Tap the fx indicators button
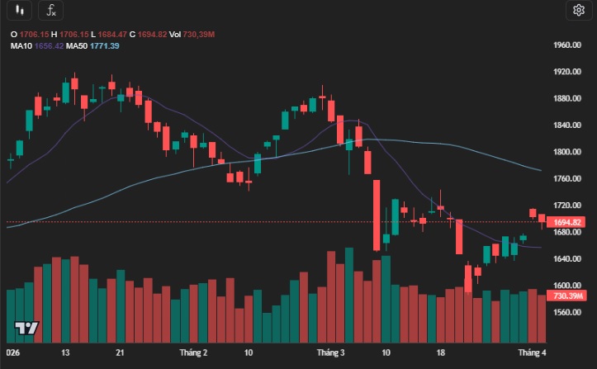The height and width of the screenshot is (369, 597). tap(50, 11)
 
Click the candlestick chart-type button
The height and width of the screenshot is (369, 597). tap(20, 11)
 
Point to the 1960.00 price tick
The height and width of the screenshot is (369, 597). tap(568, 45)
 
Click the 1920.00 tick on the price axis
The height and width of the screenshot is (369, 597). tap(568, 72)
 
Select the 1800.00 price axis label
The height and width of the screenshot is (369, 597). tap(568, 152)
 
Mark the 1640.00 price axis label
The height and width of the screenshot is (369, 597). tap(568, 259)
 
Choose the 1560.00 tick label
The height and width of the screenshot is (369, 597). tap(568, 313)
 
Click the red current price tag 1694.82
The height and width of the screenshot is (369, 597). tap(569, 222)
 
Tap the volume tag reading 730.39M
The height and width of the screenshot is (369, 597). tap(569, 296)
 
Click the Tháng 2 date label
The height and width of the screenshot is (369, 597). tap(193, 352)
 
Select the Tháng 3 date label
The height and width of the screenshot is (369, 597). tap(329, 352)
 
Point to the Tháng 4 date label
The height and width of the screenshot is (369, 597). tap(533, 352)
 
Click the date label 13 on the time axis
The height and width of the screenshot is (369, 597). tap(65, 352)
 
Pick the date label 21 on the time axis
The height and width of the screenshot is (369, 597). tap(121, 352)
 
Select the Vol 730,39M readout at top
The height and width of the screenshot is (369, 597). tap(198, 34)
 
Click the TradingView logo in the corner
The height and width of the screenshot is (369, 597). tap(27, 328)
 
